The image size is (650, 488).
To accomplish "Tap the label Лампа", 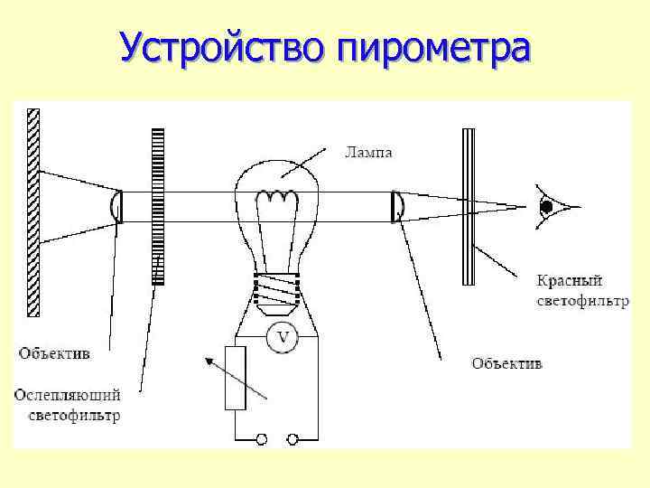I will (368, 152).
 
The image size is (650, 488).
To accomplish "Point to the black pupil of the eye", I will (545, 207).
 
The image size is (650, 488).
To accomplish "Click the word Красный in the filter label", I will (568, 282).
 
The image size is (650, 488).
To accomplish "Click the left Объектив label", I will (55, 354).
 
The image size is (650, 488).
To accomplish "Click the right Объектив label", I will (506, 363).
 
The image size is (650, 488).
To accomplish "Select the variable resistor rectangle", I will (236, 378).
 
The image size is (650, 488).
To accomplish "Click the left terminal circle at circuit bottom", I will (263, 439).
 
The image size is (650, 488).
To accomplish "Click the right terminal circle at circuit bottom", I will (292, 439).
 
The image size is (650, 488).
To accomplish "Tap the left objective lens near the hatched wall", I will (116, 206).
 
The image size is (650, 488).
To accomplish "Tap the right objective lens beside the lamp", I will (396, 206).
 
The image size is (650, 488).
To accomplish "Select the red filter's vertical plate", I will (468, 206).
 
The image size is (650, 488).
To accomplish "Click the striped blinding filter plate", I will (158, 206).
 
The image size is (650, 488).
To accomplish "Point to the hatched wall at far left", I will (34, 212).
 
